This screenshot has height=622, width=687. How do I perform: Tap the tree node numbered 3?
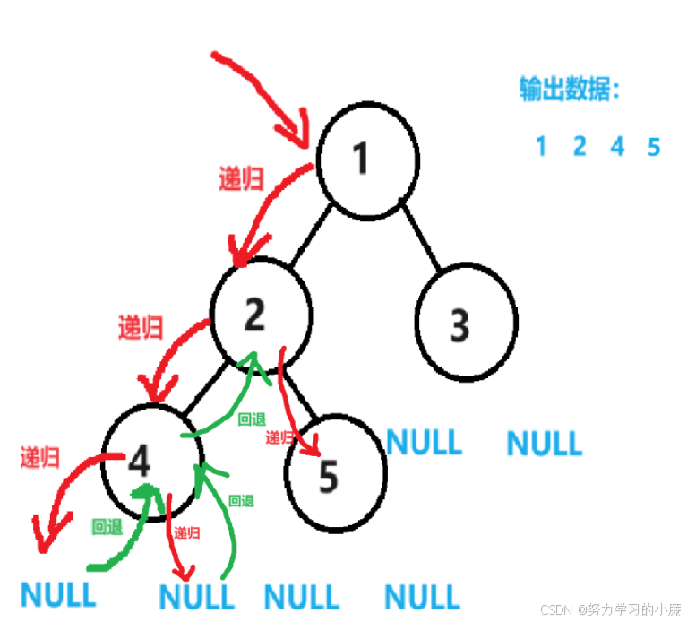coord(466,324)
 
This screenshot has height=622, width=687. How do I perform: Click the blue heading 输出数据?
coord(571,91)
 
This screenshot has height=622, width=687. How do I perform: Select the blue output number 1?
coord(541,146)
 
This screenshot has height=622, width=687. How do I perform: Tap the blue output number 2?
coord(580,146)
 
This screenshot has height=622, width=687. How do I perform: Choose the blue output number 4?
coord(617,146)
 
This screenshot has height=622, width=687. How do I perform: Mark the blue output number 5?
coord(654,146)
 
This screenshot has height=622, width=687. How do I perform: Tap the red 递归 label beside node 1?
coord(242,179)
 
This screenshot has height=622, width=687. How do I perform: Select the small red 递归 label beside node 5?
coord(279,438)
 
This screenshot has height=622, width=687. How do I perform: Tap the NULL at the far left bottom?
coord(57,595)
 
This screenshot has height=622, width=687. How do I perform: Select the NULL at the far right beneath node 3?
coord(544,443)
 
